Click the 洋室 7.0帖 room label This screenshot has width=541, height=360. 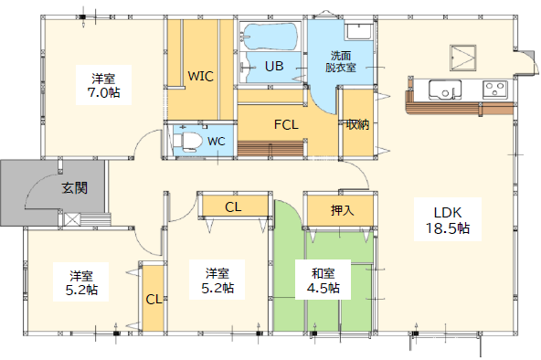click(103, 85)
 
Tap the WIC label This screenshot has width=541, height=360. click(200, 76)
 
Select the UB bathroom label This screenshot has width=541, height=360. click(274, 66)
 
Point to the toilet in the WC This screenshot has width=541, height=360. click(188, 141)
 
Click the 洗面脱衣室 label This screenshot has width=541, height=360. click(341, 61)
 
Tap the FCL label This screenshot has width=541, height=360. click(286, 124)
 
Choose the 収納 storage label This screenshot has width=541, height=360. click(358, 124)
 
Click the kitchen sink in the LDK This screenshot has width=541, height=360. click(445, 90)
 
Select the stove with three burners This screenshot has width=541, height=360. click(495, 90)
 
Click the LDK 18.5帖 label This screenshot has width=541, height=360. click(448, 220)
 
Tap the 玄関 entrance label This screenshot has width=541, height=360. click(75, 188)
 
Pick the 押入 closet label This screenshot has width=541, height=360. click(343, 210)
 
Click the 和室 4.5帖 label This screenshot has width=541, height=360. click(324, 281)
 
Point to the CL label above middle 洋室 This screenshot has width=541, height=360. click(233, 206)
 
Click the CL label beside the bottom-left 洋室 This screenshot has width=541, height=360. click(154, 299)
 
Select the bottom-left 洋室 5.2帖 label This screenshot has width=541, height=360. click(81, 282)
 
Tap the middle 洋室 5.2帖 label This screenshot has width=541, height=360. click(217, 281)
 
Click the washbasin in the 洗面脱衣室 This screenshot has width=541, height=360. click(359, 31)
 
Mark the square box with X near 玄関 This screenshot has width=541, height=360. click(72, 219)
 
